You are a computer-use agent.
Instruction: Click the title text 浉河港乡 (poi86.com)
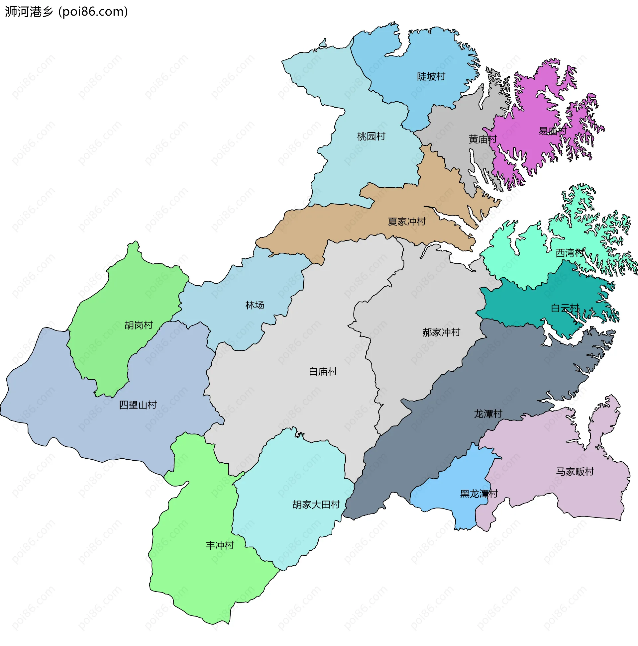click(x=66, y=12)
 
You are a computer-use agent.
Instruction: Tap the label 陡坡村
click(x=431, y=77)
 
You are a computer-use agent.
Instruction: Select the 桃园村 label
click(x=371, y=137)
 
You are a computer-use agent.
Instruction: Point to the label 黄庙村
click(x=482, y=139)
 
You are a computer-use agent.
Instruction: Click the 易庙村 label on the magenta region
click(x=552, y=131)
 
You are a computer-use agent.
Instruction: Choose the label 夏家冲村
click(x=406, y=222)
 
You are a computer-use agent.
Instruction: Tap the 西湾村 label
click(x=570, y=253)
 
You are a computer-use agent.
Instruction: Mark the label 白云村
click(x=565, y=308)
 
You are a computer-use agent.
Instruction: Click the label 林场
click(x=255, y=305)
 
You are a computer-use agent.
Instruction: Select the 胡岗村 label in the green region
click(x=139, y=325)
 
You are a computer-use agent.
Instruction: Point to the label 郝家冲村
click(x=441, y=332)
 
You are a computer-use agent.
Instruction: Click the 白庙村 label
click(x=323, y=372)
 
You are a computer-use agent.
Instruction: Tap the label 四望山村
click(x=138, y=405)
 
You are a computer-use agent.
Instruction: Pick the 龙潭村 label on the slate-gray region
click(x=488, y=414)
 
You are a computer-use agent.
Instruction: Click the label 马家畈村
click(x=575, y=472)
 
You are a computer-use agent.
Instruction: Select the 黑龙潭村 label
click(x=479, y=494)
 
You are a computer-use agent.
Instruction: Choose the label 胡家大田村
click(x=316, y=505)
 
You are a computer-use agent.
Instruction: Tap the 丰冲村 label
click(x=219, y=546)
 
